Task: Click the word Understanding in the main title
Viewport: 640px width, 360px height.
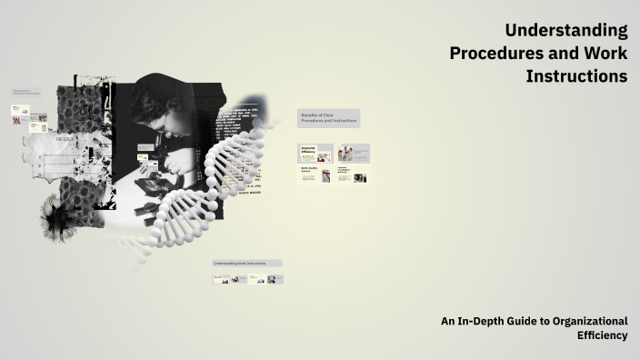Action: [566, 31]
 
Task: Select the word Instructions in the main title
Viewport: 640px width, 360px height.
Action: [576, 76]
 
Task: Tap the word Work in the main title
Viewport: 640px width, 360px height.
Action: [607, 54]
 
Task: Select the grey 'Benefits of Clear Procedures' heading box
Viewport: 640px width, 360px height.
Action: [328, 119]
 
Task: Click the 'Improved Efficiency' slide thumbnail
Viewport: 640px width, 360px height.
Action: [315, 153]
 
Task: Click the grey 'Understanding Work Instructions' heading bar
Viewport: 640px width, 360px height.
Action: [247, 264]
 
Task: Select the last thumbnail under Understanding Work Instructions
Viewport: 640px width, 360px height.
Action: [275, 279]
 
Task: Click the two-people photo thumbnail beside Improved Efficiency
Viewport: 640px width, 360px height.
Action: [353, 153]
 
